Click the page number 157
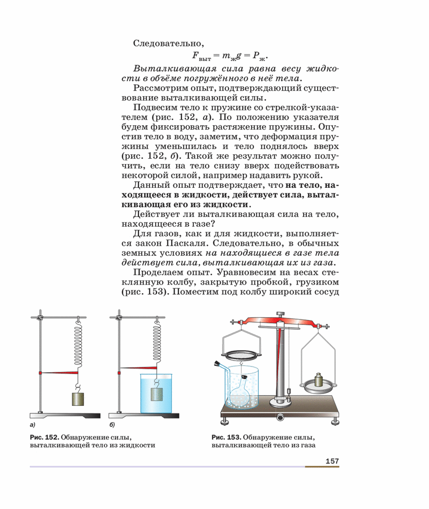[331, 460]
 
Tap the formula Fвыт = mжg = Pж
[229, 56]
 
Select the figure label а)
[33, 426]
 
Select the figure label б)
[112, 426]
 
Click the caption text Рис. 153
[226, 437]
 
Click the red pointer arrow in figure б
[138, 368]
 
